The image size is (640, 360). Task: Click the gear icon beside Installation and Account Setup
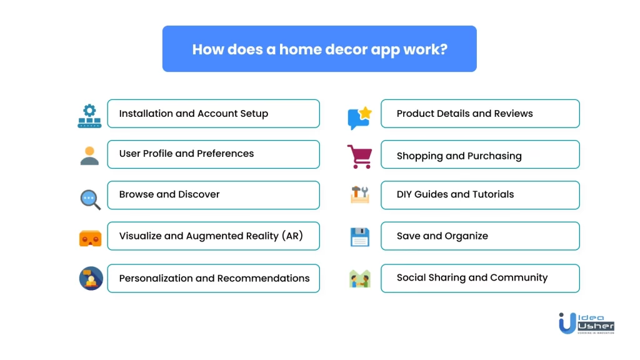(89, 116)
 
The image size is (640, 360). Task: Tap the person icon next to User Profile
(89, 155)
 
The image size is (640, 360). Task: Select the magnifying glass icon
(90, 199)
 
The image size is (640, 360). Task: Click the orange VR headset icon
(90, 238)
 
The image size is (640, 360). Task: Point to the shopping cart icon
(359, 156)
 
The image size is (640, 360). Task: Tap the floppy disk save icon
(359, 237)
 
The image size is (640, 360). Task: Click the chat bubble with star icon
(359, 117)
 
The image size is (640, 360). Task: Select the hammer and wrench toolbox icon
(359, 195)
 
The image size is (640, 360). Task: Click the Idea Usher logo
(586, 322)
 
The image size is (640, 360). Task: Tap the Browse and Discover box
(213, 195)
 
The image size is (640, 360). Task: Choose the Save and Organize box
(479, 236)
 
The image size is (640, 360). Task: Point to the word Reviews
(513, 114)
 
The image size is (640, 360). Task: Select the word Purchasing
(492, 156)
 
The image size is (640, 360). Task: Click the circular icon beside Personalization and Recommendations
(91, 278)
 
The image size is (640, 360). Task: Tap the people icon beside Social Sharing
(359, 278)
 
